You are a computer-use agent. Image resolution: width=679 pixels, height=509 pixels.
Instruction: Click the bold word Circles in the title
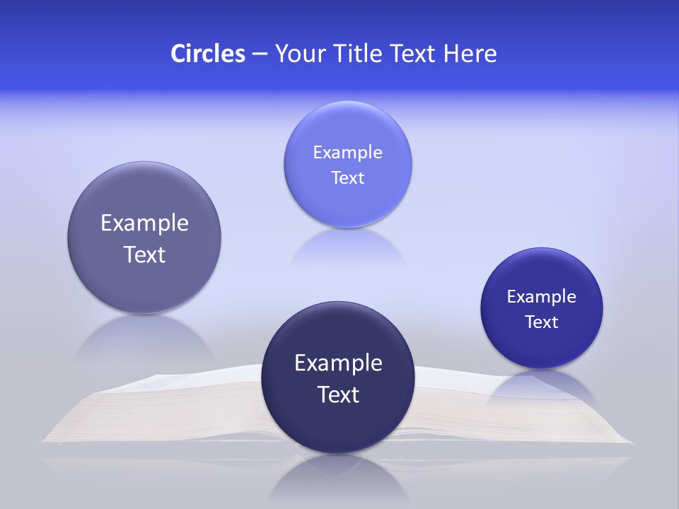207,54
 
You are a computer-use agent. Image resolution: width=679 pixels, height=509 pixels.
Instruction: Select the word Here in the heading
470,54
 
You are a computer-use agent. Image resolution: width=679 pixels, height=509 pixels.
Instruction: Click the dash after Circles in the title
259,54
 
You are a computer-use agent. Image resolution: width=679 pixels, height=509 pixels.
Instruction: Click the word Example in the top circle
347,153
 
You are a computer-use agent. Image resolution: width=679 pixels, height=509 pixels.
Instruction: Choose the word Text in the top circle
347,178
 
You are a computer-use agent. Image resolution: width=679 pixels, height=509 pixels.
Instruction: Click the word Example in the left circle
144,223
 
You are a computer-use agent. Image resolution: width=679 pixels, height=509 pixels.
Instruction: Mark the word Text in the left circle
144,255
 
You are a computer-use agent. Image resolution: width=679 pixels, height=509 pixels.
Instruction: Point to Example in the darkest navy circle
338,363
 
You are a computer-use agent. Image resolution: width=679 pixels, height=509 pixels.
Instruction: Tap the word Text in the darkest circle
338,394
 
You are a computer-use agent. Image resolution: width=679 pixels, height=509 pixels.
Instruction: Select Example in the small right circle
541,297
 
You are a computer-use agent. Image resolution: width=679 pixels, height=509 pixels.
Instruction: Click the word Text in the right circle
541,322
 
